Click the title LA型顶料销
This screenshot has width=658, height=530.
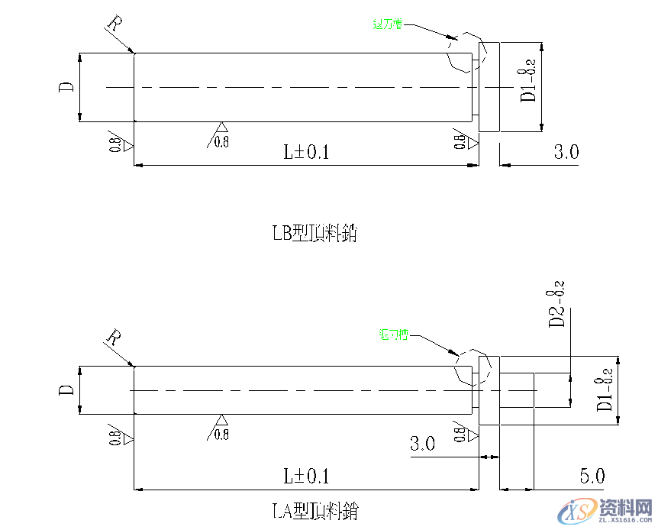tap(314, 510)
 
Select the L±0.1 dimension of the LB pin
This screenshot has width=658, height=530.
tap(306, 152)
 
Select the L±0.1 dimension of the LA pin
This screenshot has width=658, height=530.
tap(306, 477)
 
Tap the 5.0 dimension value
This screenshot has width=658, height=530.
tap(592, 477)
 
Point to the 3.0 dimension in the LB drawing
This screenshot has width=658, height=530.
tap(566, 152)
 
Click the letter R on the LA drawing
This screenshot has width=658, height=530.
tap(114, 337)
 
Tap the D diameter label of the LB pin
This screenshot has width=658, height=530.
tap(67, 87)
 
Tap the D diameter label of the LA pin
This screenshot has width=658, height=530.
tap(67, 390)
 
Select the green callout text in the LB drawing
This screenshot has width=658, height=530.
tap(387, 24)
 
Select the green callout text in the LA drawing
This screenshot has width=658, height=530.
tap(394, 334)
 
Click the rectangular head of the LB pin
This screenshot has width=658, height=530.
tap(489, 87)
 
